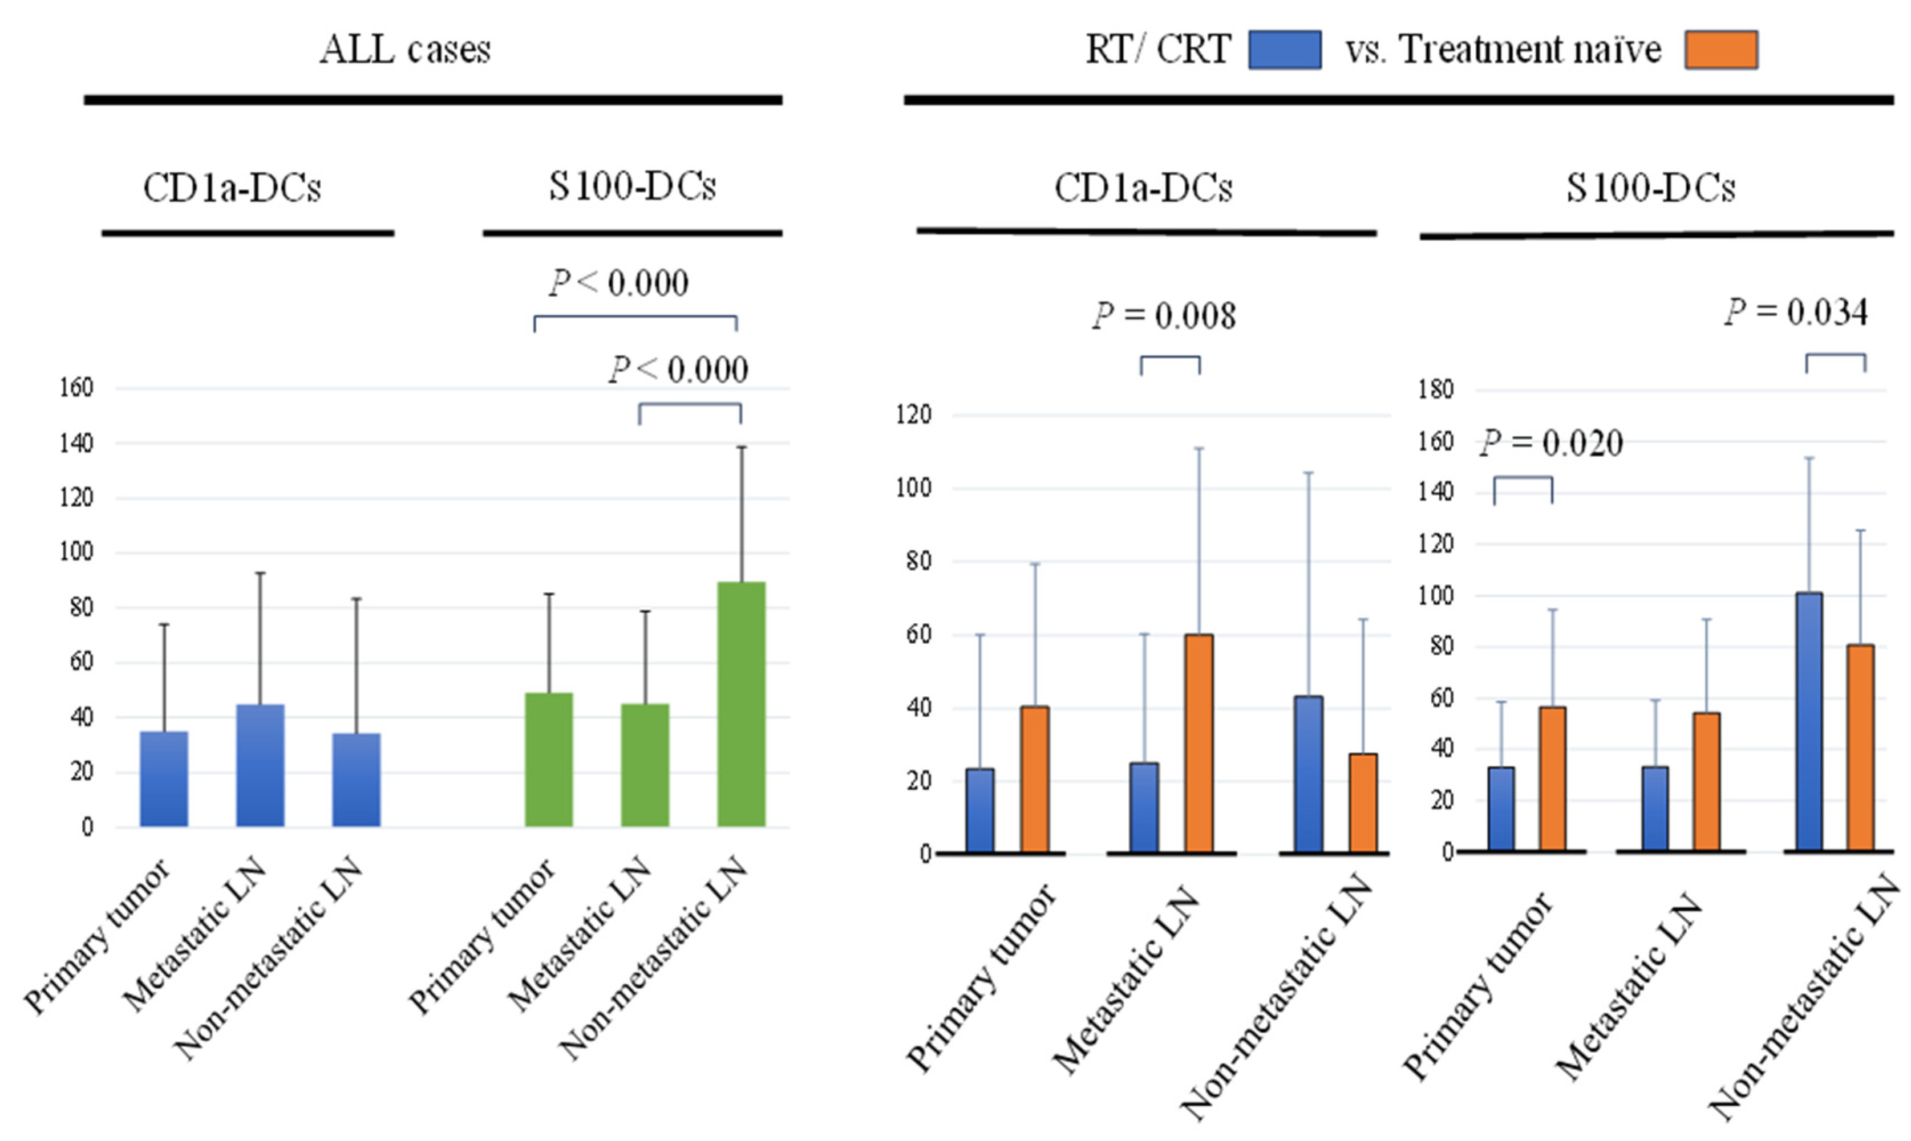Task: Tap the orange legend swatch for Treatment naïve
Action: [x=1720, y=50]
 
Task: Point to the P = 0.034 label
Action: [x=1796, y=312]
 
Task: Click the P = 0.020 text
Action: [x=1551, y=443]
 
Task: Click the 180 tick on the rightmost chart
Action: [x=1436, y=390]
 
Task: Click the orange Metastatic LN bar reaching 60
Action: [x=1199, y=743]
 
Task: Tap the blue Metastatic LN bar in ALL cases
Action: [x=260, y=765]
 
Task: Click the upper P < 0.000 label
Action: [x=618, y=283]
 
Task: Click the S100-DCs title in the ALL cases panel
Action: [x=632, y=186]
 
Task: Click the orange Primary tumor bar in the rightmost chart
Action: [x=1552, y=778]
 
